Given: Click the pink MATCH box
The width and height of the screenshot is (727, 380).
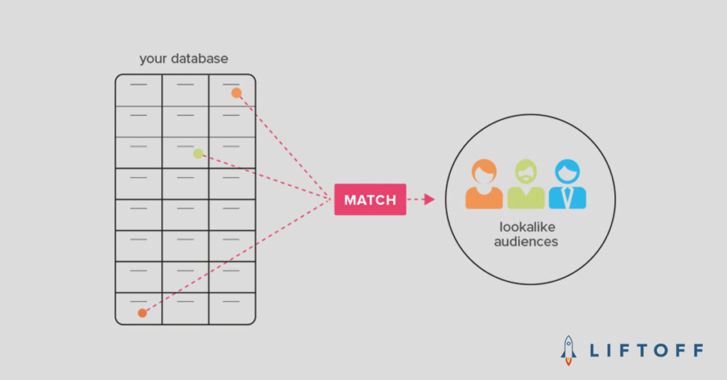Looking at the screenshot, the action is coord(370,200).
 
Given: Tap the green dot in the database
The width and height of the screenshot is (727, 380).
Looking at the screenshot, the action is coord(198,153).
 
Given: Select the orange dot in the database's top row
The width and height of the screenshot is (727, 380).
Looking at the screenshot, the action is coord(236,93).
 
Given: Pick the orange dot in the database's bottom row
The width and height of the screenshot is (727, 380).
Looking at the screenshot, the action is coord(142,313).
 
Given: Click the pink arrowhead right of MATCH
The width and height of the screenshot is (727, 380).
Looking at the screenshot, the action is coord(430,200).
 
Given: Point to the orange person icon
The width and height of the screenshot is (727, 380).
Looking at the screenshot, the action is coord(484,184).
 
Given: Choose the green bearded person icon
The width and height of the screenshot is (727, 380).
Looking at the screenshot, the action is coord(526,184).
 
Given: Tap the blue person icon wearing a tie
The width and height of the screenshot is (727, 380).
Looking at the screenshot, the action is coord(567,184).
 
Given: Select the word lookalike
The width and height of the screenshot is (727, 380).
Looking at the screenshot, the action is coord(528,227).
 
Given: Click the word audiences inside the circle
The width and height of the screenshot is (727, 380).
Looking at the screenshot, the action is coord(526,241).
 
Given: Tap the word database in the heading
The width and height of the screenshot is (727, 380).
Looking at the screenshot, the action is coord(199,58).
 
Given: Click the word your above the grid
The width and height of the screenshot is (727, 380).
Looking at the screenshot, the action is coord(153,60).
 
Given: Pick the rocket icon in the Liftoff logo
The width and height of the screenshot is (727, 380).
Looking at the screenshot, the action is coord(569,350).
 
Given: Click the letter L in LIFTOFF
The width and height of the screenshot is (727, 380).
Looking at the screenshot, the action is coord(594,350).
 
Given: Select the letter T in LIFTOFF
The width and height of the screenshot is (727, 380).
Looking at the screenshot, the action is coord(643,350).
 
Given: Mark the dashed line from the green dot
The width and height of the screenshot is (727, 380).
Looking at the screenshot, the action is coord(265,177).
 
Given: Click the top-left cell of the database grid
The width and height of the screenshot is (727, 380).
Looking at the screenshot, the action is coord(138,90).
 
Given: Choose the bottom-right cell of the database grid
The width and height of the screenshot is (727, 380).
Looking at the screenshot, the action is coord(232,308).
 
